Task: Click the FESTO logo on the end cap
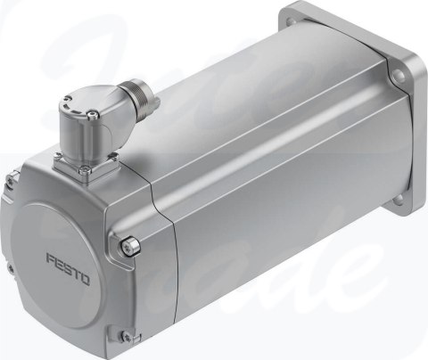(x=68, y=261)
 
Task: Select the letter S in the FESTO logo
(x=67, y=261)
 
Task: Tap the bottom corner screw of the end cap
(x=127, y=337)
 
